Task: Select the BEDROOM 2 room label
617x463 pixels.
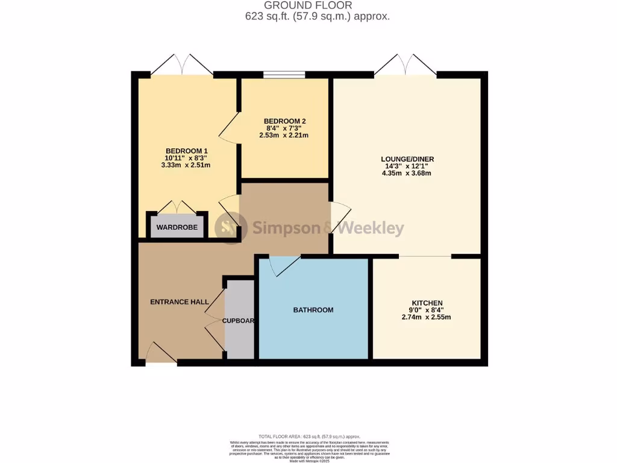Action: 286,121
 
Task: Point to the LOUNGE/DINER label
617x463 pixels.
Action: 407,159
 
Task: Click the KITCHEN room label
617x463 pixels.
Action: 427,303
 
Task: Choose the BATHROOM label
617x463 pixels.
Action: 313,310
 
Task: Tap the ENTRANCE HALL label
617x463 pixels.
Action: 179,302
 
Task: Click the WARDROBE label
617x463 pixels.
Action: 177,227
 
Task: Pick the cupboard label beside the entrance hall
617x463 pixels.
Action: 239,321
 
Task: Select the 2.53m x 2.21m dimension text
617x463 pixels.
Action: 286,136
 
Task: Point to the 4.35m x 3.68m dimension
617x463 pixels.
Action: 407,174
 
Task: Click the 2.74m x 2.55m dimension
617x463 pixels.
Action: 427,317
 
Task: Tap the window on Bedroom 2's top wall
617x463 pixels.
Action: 284,75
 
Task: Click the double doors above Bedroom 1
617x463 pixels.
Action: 183,65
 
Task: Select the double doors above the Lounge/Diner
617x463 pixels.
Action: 406,65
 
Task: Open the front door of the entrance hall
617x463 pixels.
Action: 160,353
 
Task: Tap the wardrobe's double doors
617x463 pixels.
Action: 177,207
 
